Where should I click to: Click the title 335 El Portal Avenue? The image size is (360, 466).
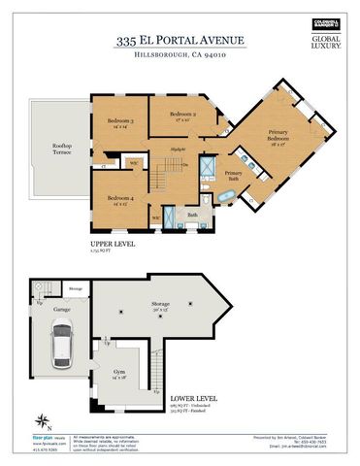pos(180,40)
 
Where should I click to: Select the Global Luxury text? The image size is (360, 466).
pos(324,43)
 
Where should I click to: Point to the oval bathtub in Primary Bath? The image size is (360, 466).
pos(226,199)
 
